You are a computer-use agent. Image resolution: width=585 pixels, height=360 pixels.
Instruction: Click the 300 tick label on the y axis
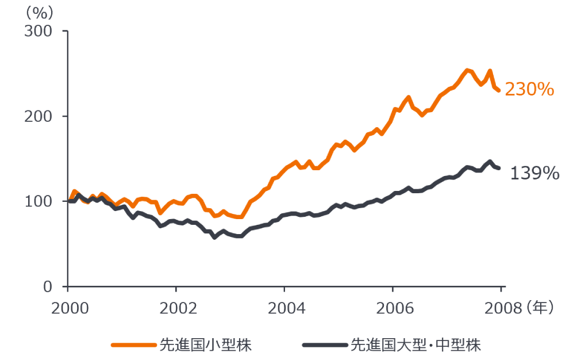(x=38, y=31)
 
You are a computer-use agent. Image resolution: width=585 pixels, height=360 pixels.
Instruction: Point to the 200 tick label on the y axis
(x=38, y=117)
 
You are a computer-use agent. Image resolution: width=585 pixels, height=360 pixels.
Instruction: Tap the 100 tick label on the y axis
(x=38, y=202)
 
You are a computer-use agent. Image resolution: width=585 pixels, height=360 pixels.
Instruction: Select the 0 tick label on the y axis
(x=47, y=287)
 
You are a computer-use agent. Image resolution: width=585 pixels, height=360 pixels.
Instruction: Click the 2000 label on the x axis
(x=70, y=308)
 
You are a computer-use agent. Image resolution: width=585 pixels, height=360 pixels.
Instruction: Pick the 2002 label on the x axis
(x=178, y=308)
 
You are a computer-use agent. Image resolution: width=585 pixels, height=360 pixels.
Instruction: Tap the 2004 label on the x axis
(x=287, y=308)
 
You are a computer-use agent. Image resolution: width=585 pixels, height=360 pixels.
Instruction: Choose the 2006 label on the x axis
(x=395, y=308)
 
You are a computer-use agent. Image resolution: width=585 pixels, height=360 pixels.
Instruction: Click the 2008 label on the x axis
(x=503, y=308)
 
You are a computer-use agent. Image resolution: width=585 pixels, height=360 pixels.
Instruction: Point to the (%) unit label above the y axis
(x=39, y=13)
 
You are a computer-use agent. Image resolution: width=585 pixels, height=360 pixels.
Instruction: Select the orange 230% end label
(x=529, y=90)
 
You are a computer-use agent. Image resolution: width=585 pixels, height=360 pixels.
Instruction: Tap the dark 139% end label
(x=534, y=173)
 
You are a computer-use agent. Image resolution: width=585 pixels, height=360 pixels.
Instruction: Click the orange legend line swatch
(x=133, y=345)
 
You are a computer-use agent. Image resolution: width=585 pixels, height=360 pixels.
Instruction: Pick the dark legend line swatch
(x=325, y=345)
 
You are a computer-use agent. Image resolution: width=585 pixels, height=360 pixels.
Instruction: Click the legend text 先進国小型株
(x=206, y=345)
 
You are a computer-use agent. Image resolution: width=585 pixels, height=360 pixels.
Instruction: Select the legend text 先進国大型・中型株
(x=415, y=345)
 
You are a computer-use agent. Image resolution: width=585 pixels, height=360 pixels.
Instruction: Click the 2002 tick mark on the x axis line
(x=176, y=289)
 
